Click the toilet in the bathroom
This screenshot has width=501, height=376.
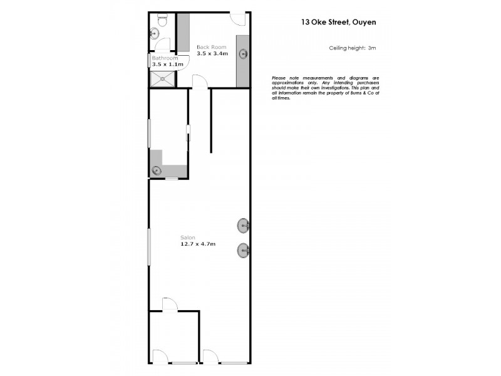click(x=162, y=21)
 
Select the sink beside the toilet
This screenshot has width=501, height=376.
click(x=153, y=34)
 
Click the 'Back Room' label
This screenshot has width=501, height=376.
click(x=211, y=47)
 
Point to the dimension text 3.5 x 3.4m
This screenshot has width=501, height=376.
click(x=212, y=55)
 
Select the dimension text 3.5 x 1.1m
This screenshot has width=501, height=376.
click(x=167, y=64)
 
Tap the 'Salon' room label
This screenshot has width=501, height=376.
click(x=187, y=237)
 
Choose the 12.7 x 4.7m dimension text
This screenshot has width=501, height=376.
click(x=198, y=244)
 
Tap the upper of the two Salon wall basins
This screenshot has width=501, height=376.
click(x=243, y=225)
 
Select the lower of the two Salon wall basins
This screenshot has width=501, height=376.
click(x=243, y=251)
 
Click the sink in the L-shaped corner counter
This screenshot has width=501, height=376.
click(x=156, y=170)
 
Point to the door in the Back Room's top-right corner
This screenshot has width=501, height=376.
click(x=238, y=18)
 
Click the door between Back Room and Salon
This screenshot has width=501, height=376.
click(x=199, y=82)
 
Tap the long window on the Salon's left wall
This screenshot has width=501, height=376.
click(x=148, y=248)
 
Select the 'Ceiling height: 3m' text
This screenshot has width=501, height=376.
click(x=352, y=48)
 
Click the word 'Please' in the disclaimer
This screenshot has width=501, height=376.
click(x=279, y=77)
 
